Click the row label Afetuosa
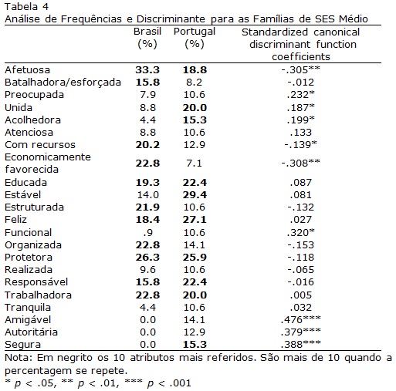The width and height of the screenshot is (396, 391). [x=27, y=70]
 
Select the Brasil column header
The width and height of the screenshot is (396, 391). [x=147, y=38]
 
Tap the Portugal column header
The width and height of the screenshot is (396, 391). [x=195, y=38]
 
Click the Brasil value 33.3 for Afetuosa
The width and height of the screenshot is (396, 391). [x=147, y=70]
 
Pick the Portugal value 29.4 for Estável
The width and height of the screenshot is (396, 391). [x=195, y=195]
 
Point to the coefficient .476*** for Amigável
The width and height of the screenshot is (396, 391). [x=301, y=319]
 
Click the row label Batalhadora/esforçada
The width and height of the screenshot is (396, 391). [x=63, y=83]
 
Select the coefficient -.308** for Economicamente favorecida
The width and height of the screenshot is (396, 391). [x=301, y=163]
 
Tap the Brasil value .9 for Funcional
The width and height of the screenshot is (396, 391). [x=148, y=233]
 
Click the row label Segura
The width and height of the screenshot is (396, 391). [x=22, y=345]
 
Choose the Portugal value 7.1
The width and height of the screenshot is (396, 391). [x=195, y=163]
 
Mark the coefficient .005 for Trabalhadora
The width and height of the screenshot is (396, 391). [x=301, y=295]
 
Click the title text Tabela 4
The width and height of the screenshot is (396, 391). [x=26, y=6]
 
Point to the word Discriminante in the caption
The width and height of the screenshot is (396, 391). [x=171, y=19]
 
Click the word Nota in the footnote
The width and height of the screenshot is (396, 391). [x=18, y=358]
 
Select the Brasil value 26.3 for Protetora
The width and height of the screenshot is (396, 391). [x=147, y=258]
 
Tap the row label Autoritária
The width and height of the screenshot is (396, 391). [x=31, y=332]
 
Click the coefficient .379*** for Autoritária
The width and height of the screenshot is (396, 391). [x=301, y=332]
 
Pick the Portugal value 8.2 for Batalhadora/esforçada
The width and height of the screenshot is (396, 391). [x=195, y=83]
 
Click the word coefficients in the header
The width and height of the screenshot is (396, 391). [x=301, y=56]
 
